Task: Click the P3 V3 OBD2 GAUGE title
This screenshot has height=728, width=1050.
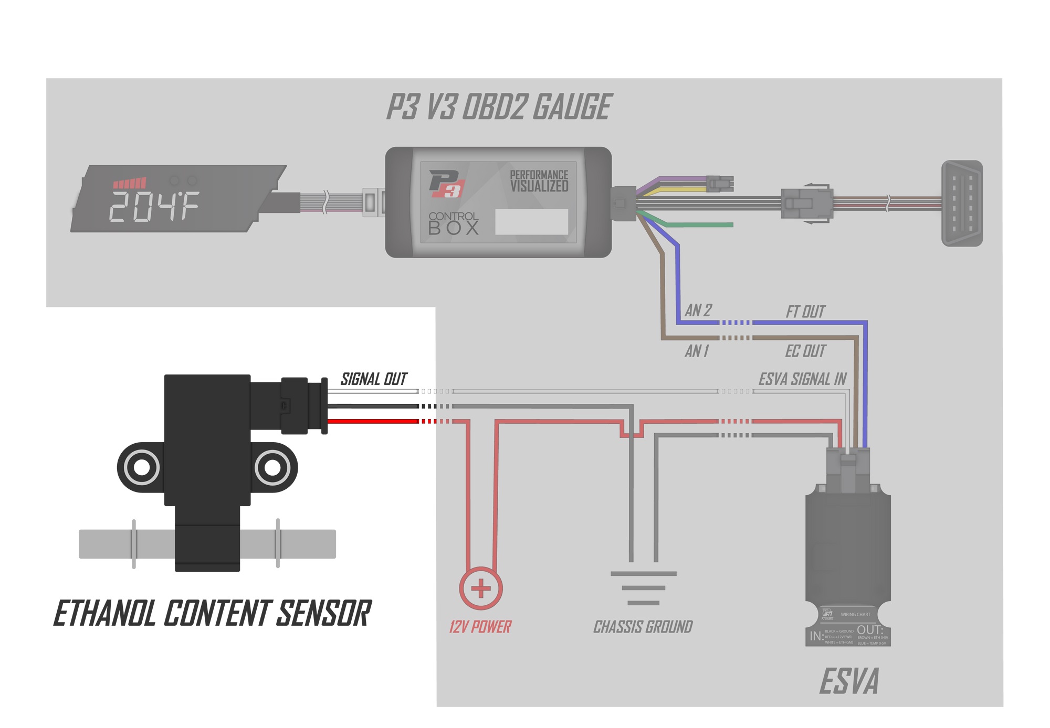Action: tap(499, 107)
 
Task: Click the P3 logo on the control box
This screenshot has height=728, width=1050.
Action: tap(447, 184)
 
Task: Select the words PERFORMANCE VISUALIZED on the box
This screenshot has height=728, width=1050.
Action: tap(539, 181)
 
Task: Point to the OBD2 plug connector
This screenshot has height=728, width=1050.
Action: tap(962, 204)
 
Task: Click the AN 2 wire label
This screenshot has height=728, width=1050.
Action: tap(698, 311)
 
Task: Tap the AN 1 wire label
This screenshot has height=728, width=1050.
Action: tap(697, 351)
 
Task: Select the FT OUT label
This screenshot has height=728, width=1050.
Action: tap(805, 312)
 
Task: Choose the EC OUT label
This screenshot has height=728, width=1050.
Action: tap(805, 351)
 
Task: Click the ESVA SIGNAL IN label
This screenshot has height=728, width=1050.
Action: tap(802, 379)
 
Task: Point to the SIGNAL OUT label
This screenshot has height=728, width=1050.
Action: tap(374, 379)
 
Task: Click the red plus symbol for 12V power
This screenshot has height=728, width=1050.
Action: tap(481, 588)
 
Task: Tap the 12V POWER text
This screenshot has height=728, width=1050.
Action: tap(480, 627)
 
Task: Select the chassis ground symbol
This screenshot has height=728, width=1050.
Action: tap(643, 588)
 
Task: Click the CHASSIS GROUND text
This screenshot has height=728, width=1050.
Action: tap(643, 627)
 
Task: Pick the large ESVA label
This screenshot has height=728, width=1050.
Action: tap(848, 681)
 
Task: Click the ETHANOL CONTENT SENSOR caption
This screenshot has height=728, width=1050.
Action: tap(212, 614)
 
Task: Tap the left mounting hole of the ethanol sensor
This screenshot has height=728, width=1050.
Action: tap(141, 467)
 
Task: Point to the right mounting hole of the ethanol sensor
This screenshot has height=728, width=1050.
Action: tap(272, 467)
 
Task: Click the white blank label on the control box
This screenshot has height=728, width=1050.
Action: tap(531, 222)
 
